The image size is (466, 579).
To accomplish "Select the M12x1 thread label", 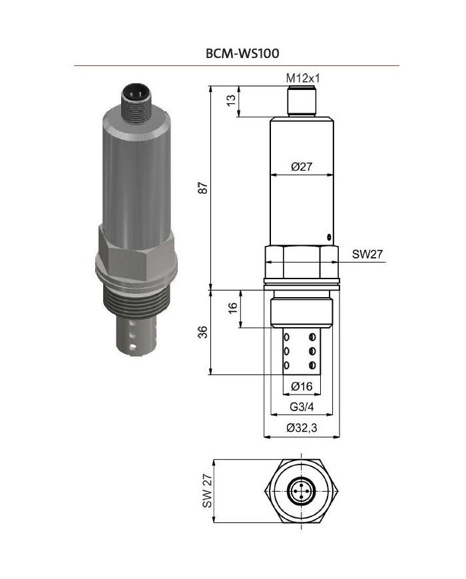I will point(303,79).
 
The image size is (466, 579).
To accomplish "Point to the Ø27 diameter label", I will point(302,167).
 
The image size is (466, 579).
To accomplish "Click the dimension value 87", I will point(204,188).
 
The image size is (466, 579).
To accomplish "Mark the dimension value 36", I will point(204,332).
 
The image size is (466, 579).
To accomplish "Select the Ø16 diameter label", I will point(302,386).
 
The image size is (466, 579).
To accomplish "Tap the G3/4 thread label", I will point(302,408).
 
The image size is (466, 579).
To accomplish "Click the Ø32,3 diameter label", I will point(302,429).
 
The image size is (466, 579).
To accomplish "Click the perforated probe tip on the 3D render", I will point(136,336).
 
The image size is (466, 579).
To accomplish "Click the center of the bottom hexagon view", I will point(303,494).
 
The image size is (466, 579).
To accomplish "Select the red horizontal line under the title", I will point(236,65).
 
